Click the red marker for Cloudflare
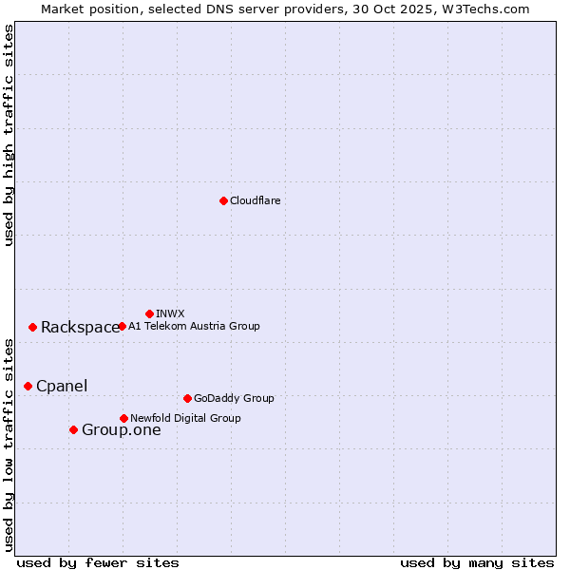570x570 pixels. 223,200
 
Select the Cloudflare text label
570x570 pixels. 255,200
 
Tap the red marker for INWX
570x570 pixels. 149,313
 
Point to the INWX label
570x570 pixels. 170,313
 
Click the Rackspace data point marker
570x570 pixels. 32,327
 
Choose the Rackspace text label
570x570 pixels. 80,327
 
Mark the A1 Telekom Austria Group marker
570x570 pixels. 122,326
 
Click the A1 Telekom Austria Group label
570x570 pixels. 194,326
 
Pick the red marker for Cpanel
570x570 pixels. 28,386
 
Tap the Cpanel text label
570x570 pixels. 62,386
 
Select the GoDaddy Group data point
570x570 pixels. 187,398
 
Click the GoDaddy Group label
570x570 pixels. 234,398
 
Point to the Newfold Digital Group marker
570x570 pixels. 123,418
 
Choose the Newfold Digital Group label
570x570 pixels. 185,418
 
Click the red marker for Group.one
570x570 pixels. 73,429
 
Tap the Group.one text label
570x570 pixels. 121,429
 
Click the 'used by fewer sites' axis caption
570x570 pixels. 98,562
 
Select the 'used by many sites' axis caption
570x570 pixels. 477,562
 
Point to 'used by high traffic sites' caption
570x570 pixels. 9,135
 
